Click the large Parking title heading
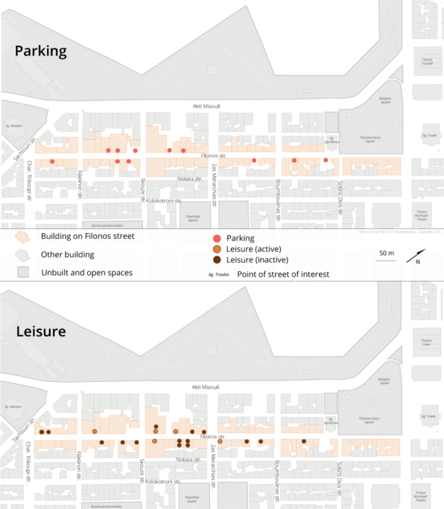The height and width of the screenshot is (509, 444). (41, 51)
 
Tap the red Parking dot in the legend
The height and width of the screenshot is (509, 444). (217, 238)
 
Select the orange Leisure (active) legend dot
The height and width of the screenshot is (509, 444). (217, 249)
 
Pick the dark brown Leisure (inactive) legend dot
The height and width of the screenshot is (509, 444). (217, 260)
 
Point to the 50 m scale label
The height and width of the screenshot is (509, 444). (387, 253)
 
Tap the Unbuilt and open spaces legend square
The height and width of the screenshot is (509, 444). (24, 272)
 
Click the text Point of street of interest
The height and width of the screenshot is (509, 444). (278, 274)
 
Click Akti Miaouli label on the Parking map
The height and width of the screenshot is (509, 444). (206, 106)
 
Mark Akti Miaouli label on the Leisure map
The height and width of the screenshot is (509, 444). (206, 388)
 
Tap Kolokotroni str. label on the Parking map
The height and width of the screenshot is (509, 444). (163, 200)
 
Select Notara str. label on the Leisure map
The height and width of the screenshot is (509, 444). (188, 459)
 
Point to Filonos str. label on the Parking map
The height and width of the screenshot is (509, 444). (214, 155)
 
